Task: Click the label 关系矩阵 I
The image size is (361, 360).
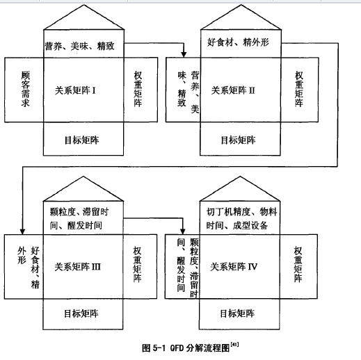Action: click(75, 90)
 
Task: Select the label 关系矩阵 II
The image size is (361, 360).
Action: click(233, 90)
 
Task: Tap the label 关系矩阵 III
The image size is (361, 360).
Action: click(78, 267)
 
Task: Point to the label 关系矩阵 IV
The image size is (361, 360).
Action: click(234, 267)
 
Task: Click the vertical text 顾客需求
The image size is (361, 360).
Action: click(26, 89)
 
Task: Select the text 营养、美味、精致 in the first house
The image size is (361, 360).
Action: click(79, 46)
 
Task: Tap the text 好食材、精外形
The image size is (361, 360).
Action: click(238, 42)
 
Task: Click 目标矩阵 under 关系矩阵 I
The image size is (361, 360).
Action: click(82, 140)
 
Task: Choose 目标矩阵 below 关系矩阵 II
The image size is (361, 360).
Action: click(239, 140)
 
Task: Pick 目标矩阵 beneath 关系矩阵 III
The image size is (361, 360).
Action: click(81, 313)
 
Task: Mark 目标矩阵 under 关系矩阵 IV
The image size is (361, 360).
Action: click(237, 313)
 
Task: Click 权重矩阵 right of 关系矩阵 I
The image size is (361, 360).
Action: click(138, 89)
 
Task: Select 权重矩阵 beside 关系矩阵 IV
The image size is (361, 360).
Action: click(298, 264)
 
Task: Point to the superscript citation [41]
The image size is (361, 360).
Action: click(234, 345)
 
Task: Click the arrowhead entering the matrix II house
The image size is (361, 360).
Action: click(184, 55)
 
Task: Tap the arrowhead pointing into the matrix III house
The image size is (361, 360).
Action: click(22, 231)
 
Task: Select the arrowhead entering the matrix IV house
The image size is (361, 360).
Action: click(183, 231)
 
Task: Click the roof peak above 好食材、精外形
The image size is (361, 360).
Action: click(241, 5)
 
